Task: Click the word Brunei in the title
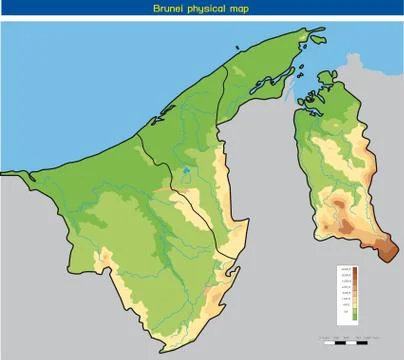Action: [x=169, y=8]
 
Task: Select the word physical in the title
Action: [x=205, y=8]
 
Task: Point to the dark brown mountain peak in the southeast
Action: [x=385, y=253]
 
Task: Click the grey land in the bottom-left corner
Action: [x=30, y=320]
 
